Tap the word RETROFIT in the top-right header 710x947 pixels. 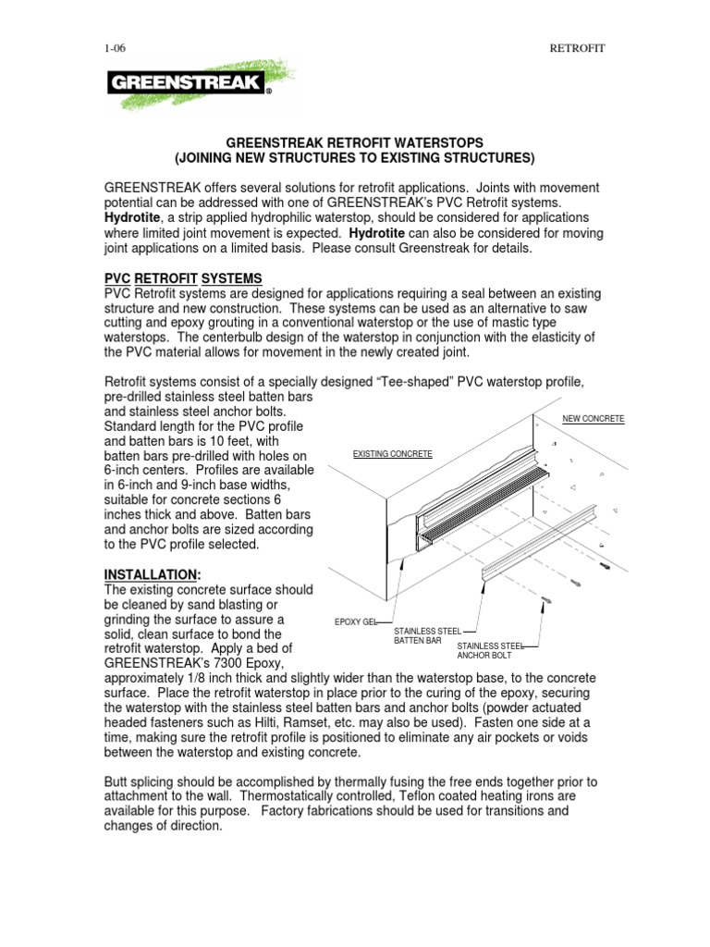(x=577, y=48)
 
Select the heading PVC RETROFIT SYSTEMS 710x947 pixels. (x=183, y=278)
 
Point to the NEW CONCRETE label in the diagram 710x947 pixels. (x=594, y=419)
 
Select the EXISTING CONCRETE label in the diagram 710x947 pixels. (x=393, y=454)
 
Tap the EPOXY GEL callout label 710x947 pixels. (x=358, y=622)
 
